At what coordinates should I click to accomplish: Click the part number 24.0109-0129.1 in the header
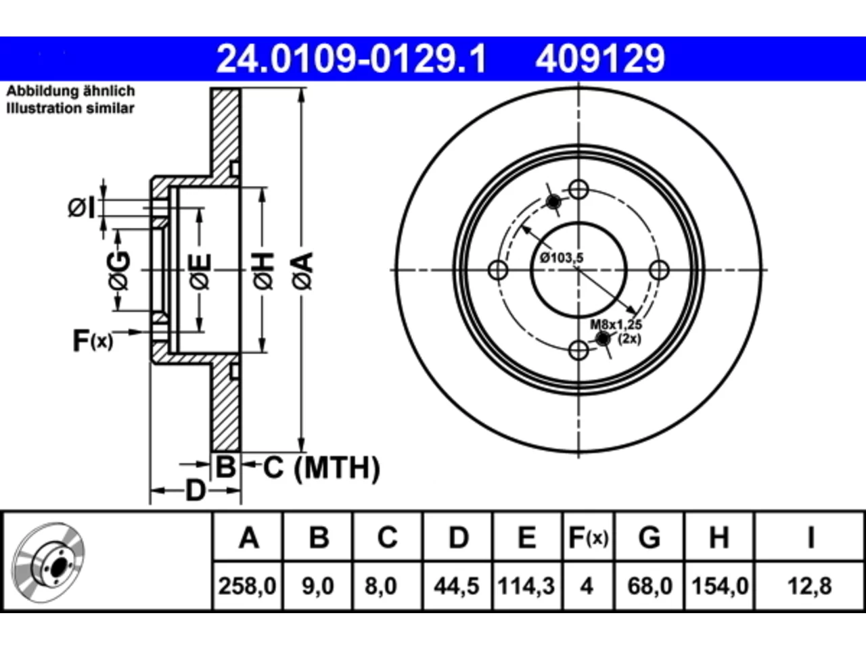pyautogui.click(x=351, y=59)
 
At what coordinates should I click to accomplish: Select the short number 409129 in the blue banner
pyautogui.click(x=600, y=59)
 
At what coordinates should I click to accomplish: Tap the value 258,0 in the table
pyautogui.click(x=248, y=586)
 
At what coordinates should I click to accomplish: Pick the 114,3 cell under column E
pyautogui.click(x=526, y=586)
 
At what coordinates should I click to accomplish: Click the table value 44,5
pyautogui.click(x=457, y=586)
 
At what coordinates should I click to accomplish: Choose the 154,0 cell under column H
pyautogui.click(x=720, y=586)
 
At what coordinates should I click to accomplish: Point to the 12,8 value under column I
pyautogui.click(x=810, y=586)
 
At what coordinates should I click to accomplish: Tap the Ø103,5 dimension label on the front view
pyautogui.click(x=562, y=258)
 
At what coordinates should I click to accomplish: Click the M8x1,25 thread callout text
pyautogui.click(x=616, y=324)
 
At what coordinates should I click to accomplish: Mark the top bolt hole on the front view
pyautogui.click(x=578, y=189)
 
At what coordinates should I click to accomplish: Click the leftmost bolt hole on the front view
pyautogui.click(x=498, y=270)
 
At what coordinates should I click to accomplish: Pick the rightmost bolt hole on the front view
pyautogui.click(x=659, y=270)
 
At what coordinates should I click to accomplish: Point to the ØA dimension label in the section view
pyautogui.click(x=303, y=271)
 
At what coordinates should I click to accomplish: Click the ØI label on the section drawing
pyautogui.click(x=82, y=208)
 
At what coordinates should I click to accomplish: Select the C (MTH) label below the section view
pyautogui.click(x=321, y=468)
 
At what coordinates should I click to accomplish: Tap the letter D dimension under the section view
pyautogui.click(x=196, y=491)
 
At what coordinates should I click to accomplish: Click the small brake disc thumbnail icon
pyautogui.click(x=48, y=562)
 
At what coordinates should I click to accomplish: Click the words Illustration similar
pyautogui.click(x=70, y=108)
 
